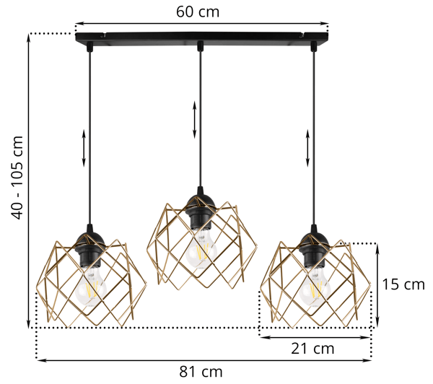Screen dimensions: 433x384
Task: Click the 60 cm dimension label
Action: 198,12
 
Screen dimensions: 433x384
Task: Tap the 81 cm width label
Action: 201,372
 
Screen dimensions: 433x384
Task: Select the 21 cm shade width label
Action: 312,349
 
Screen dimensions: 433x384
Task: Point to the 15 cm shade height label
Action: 403,284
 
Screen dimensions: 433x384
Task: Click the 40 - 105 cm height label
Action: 17,178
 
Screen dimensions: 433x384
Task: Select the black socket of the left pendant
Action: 90,248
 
